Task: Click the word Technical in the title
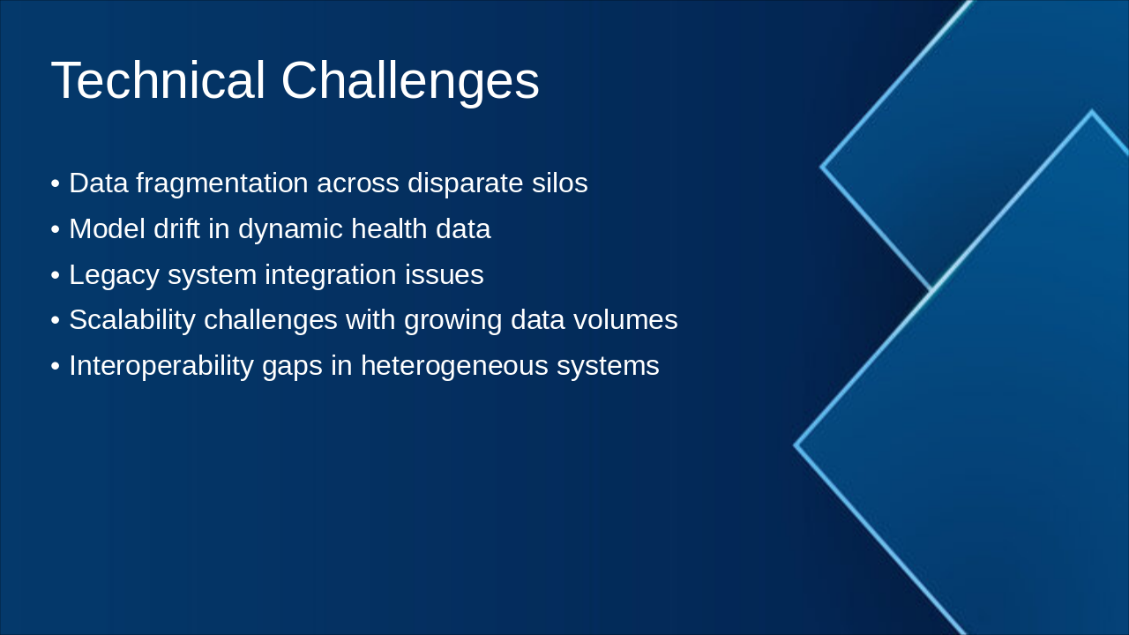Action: (x=158, y=80)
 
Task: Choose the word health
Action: (x=390, y=228)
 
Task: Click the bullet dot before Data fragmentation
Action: (x=56, y=183)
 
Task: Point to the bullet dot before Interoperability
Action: (x=56, y=366)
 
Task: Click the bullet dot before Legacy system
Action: (x=56, y=276)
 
